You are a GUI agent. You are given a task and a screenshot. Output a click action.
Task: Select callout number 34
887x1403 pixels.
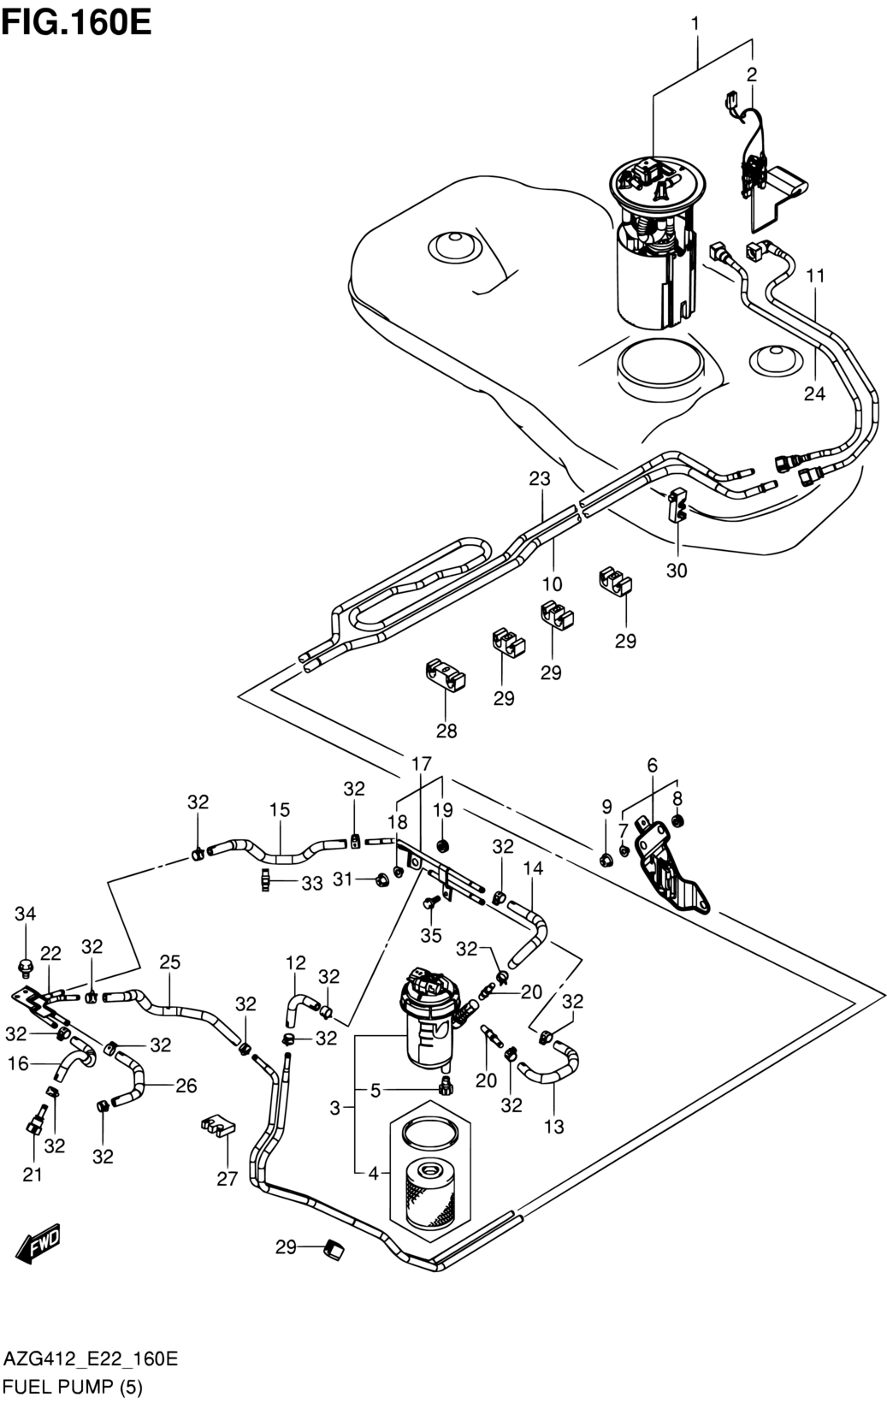click(x=26, y=915)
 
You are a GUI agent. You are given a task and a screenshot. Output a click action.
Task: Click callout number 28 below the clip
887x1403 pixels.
click(x=446, y=731)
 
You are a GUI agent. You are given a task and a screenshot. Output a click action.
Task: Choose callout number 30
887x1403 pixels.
click(x=677, y=570)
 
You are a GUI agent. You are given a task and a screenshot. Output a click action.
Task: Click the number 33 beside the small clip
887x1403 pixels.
click(x=312, y=883)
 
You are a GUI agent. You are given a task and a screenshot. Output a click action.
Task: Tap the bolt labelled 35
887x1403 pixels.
click(x=430, y=903)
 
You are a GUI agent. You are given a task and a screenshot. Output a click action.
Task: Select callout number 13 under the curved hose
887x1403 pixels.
click(x=554, y=1127)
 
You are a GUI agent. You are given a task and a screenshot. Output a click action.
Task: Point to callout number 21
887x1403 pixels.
click(x=32, y=1175)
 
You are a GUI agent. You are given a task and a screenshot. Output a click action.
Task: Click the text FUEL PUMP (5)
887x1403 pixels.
click(x=73, y=1387)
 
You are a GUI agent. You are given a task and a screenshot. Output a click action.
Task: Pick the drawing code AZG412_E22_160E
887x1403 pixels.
click(x=91, y=1359)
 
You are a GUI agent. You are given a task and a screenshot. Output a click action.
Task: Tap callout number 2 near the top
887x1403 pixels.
click(x=751, y=74)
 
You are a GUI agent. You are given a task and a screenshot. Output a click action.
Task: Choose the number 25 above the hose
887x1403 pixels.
click(x=169, y=962)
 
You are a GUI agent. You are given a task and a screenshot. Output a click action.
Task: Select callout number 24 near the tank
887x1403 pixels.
click(x=814, y=394)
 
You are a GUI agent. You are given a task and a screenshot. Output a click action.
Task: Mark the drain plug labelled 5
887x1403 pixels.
click(x=444, y=1086)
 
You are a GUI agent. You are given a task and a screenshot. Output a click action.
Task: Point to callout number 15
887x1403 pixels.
click(x=280, y=809)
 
